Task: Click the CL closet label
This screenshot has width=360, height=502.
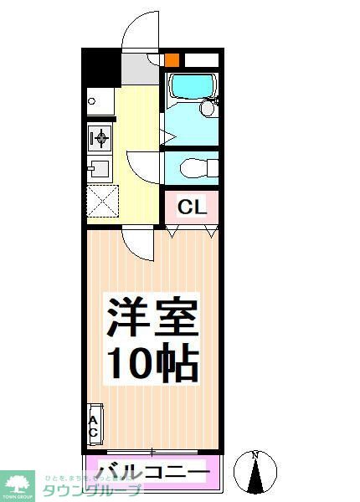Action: [191, 207]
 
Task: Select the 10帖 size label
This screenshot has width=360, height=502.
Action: [152, 364]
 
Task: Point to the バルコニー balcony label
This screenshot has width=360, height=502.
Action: [152, 473]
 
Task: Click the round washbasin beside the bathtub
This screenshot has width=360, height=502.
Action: [208, 109]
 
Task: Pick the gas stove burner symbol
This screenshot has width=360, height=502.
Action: [100, 136]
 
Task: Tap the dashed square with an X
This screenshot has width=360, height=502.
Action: [101, 202]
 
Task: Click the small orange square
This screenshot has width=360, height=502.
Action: [171, 60]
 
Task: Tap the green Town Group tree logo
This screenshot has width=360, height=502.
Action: [17, 480]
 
